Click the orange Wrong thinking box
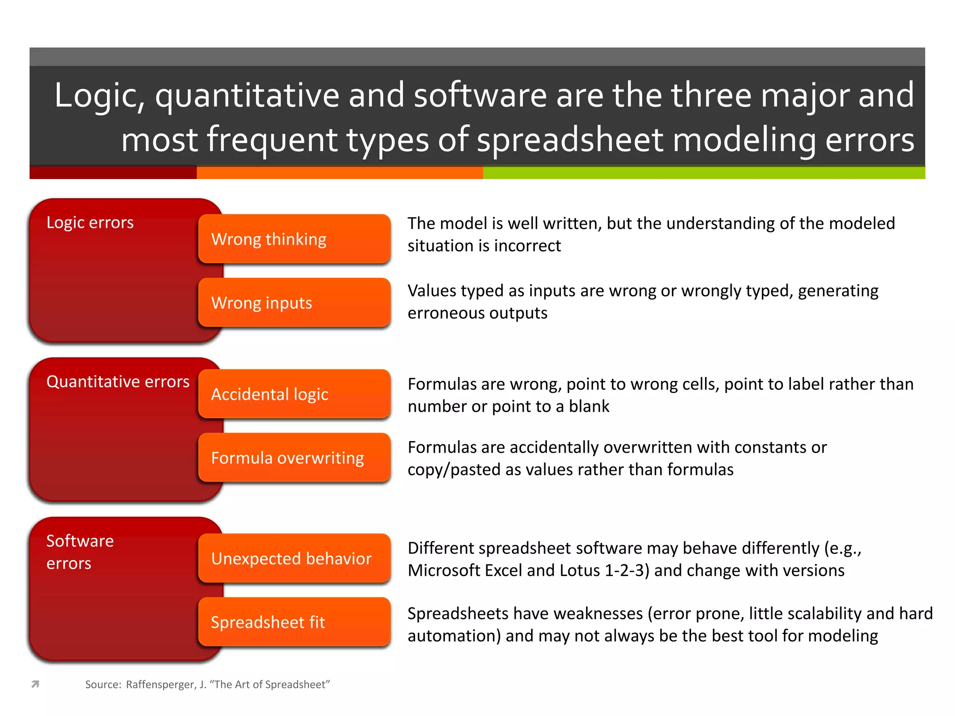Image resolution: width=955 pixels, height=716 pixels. coord(294,239)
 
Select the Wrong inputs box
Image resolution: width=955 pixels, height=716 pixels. coord(294,303)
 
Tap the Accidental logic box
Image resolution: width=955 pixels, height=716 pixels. coord(294,394)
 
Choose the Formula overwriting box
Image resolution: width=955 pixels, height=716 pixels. coord(294,458)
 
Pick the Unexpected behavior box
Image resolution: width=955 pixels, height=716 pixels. coord(294,558)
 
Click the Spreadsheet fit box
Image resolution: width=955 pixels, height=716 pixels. coord(294,622)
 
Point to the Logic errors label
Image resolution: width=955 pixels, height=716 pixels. coord(90,222)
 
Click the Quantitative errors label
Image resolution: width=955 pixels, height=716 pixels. coord(118,382)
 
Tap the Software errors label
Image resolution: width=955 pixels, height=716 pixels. coord(80,552)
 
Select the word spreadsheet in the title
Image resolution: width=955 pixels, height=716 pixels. coord(570,140)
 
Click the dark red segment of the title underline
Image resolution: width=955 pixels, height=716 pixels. coord(113,173)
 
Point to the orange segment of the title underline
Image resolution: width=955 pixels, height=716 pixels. coord(339,173)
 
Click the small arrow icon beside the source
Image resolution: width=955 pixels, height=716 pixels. coord(35,684)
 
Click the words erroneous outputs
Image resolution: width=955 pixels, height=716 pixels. coord(477,313)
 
